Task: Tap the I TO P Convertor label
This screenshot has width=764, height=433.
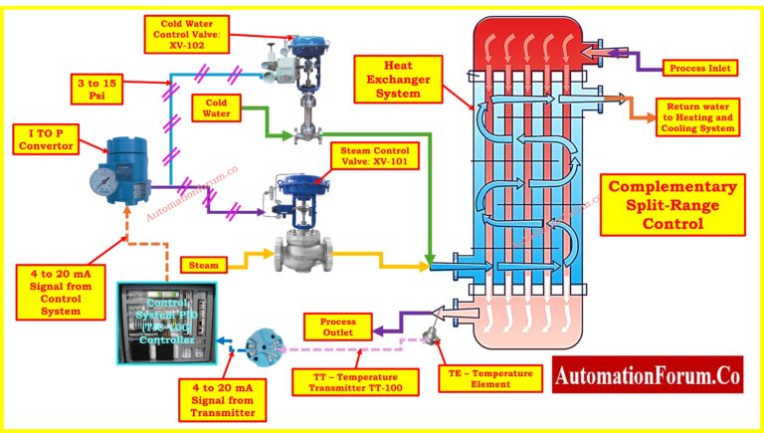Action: point(47,138)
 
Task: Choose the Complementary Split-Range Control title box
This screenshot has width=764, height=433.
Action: point(672,206)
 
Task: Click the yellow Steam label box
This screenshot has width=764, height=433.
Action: point(203,265)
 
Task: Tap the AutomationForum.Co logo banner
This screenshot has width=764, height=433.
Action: point(647,375)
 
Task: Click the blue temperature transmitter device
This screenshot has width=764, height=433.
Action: point(264,340)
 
